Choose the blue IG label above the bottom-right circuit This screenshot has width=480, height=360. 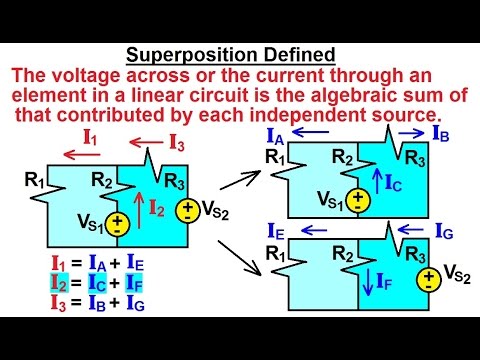point(445,233)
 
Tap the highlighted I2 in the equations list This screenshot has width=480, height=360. point(60,280)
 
